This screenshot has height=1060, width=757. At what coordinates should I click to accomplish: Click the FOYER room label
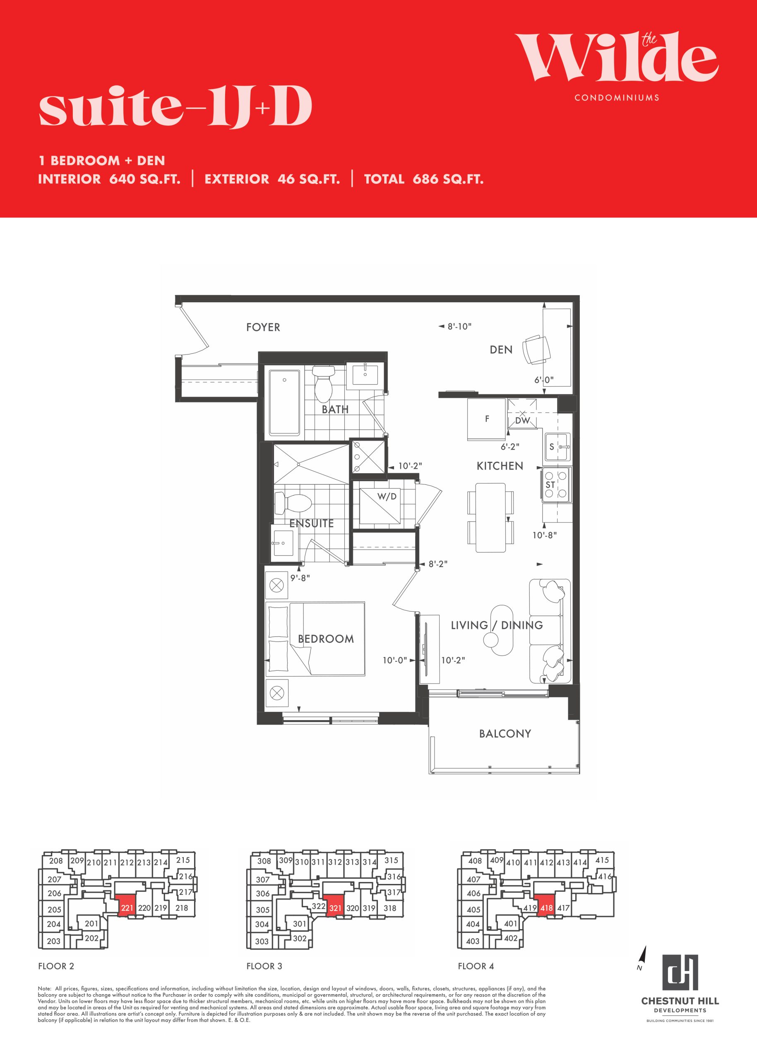[263, 328]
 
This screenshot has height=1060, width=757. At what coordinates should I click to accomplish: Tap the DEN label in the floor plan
[501, 350]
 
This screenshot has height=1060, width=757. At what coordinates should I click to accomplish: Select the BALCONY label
[505, 734]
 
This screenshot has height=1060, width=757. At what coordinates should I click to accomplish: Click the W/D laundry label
[387, 496]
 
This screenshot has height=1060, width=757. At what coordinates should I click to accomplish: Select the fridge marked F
[487, 419]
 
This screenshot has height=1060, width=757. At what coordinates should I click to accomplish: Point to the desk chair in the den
[536, 350]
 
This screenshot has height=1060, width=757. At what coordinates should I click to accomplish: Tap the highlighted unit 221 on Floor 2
[127, 908]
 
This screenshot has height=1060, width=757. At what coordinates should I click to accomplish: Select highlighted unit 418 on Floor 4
[546, 908]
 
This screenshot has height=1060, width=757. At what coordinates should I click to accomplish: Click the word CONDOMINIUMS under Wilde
[617, 97]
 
